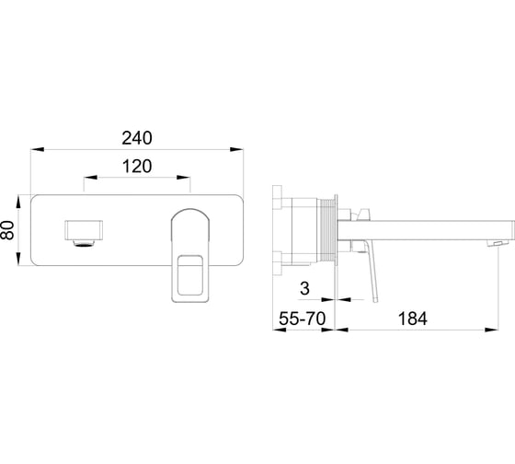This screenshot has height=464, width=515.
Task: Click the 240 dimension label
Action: pyautogui.click(x=137, y=138)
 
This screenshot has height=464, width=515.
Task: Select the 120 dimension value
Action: pyautogui.click(x=137, y=166)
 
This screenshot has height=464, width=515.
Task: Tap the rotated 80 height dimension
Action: pyautogui.click(x=8, y=230)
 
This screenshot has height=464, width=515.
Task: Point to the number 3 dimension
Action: pyautogui.click(x=304, y=288)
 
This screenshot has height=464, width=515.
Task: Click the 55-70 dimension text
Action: pyautogui.click(x=303, y=318)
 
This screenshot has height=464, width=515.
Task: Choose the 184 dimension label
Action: pyautogui.click(x=413, y=319)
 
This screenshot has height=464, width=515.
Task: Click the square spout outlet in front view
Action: pyautogui.click(x=84, y=230)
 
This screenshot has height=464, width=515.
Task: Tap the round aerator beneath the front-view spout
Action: pyautogui.click(x=84, y=243)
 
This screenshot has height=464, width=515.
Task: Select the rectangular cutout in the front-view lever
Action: pyautogui.click(x=189, y=275)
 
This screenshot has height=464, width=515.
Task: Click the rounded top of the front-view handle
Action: pyautogui.click(x=190, y=214)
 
